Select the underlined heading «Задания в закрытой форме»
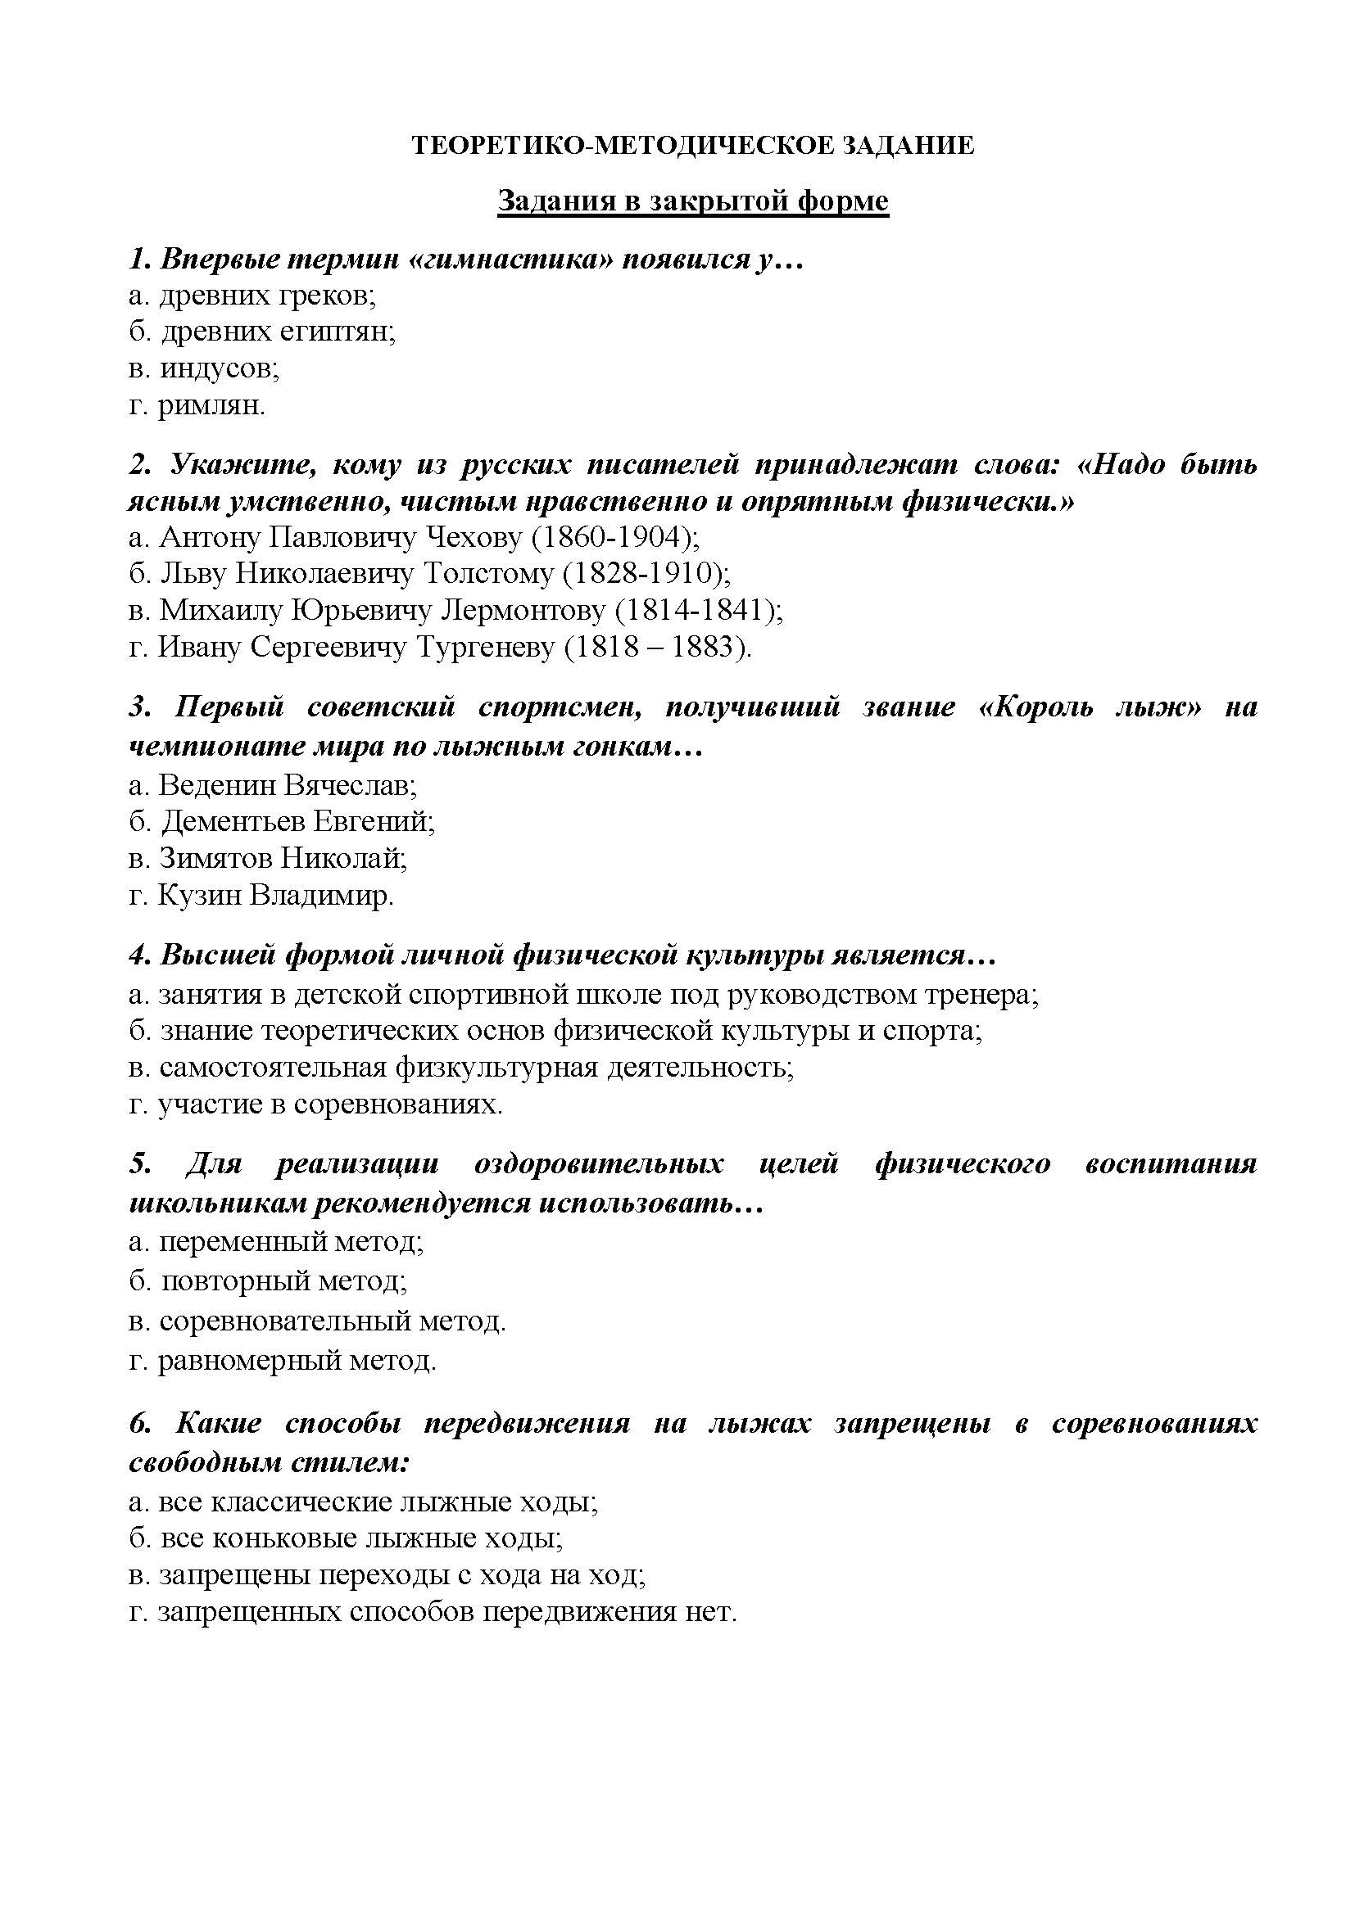(x=692, y=201)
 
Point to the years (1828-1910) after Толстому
(x=646, y=573)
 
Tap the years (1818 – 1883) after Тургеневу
(x=659, y=648)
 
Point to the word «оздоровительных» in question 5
(x=598, y=1163)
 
